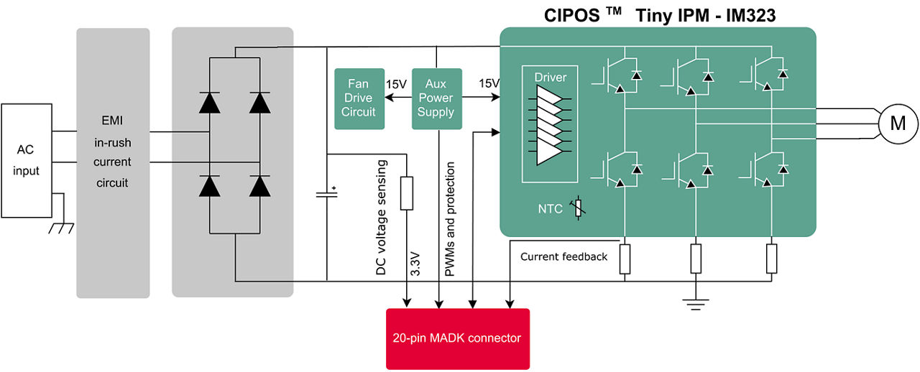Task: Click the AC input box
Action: coord(27,160)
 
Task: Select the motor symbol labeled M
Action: coord(898,124)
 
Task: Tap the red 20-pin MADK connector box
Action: coord(457,338)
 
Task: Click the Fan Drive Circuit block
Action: coord(358,98)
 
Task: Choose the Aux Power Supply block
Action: coord(436,98)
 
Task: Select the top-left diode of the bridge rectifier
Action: coord(209,103)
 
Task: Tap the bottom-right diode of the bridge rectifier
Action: coord(260,185)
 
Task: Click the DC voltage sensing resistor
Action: coord(407,193)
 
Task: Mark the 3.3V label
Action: coord(415,264)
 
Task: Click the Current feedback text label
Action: coord(563,256)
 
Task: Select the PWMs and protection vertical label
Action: coord(450,219)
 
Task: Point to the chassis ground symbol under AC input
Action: coord(60,228)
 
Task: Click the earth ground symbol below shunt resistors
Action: coord(695,302)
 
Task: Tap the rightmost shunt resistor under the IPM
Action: coord(772,259)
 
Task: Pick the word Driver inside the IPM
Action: coord(550,77)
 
